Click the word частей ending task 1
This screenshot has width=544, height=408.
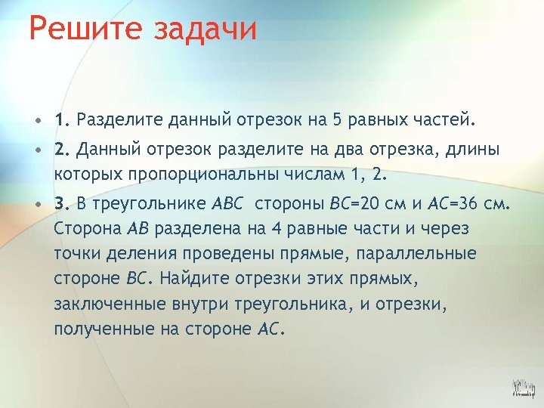coord(443,119)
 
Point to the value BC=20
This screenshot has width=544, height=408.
coord(360,204)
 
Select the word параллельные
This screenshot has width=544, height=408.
coord(424,254)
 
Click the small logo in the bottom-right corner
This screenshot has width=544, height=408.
coord(522,388)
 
